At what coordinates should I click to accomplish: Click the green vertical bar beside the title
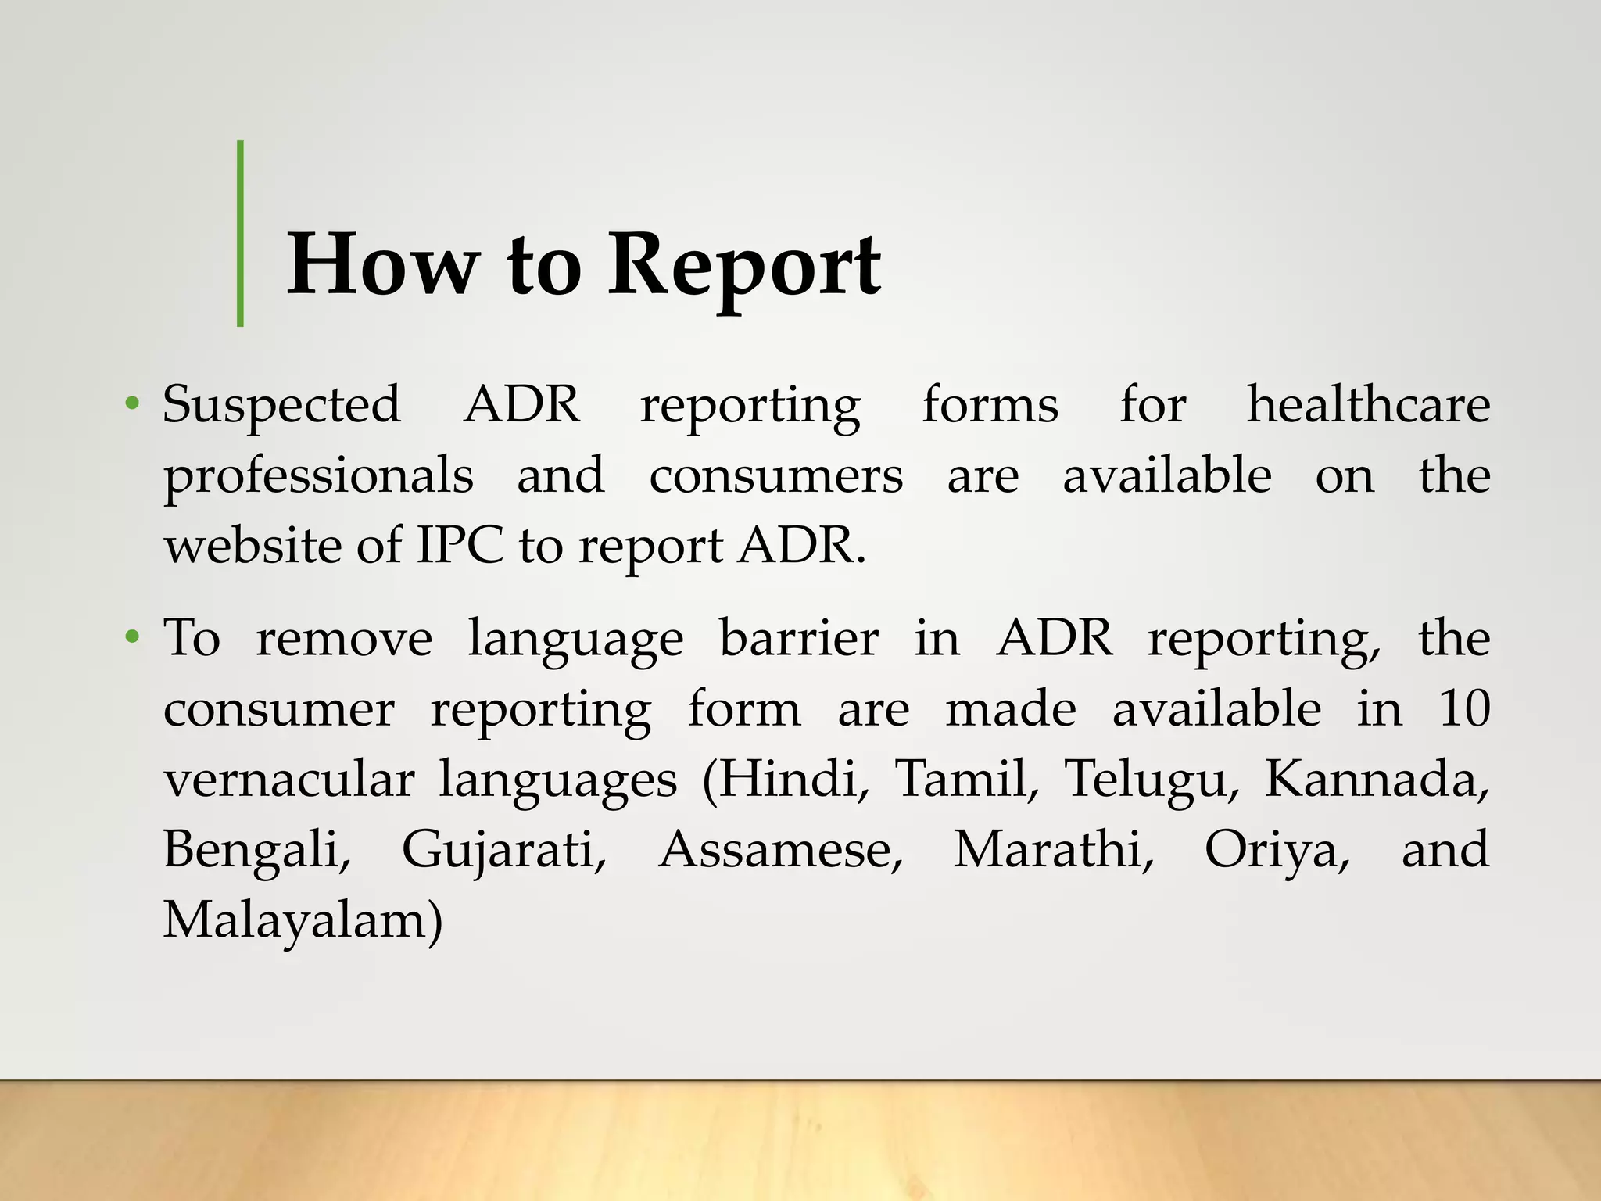pos(240,233)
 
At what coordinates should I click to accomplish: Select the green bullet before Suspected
pos(132,404)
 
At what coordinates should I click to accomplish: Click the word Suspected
pos(281,405)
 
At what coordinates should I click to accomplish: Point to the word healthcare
pos(1367,405)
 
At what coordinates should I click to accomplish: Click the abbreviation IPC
pos(460,545)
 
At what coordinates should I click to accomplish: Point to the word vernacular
pos(288,779)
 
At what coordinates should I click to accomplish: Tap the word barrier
pos(798,638)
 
